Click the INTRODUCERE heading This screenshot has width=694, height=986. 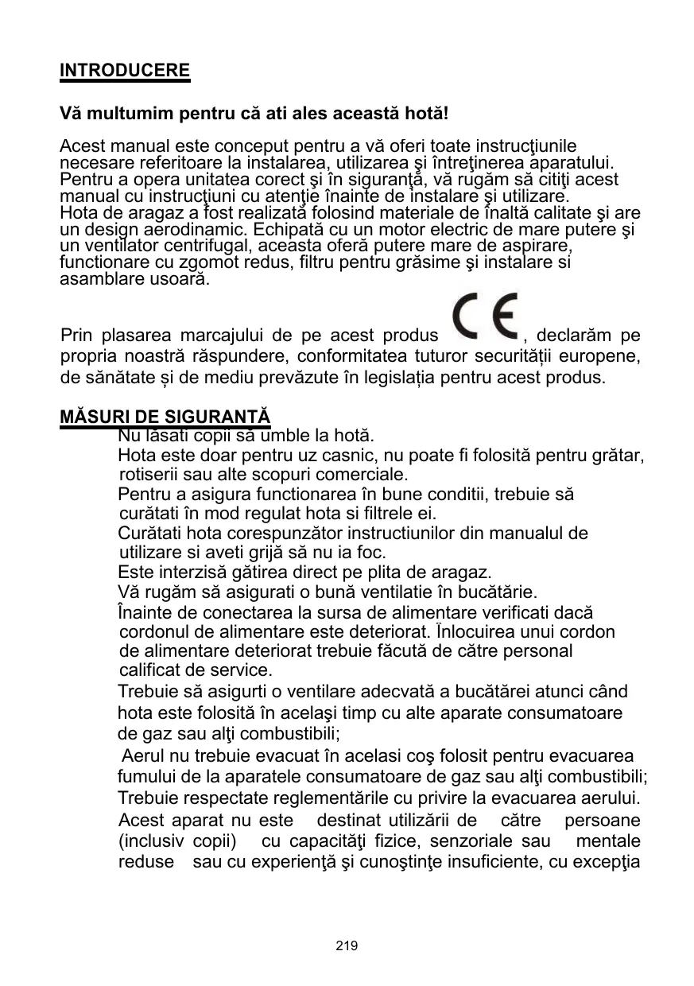[x=126, y=70]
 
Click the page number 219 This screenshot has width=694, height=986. [x=347, y=946]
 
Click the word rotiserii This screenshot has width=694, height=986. [x=146, y=476]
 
